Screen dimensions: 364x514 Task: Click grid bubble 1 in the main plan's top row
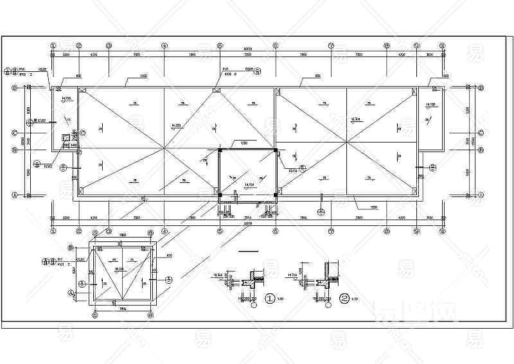click(53, 46)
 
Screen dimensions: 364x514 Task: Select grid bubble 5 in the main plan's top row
click(220, 46)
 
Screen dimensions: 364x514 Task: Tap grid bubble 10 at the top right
click(443, 46)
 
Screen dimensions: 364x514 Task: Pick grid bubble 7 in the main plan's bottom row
click(331, 230)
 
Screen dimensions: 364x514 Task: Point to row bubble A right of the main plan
click(480, 194)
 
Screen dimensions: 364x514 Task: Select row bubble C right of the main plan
click(480, 133)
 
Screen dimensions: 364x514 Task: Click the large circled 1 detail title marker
click(270, 299)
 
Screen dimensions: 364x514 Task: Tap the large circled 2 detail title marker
click(344, 299)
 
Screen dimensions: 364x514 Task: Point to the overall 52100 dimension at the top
click(247, 49)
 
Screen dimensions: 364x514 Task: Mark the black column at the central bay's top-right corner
click(276, 150)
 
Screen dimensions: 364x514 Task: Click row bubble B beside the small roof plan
click(71, 247)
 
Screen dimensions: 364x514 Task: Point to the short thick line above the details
click(247, 251)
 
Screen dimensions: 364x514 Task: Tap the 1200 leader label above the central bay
click(244, 143)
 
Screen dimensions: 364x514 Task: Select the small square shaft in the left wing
click(65, 137)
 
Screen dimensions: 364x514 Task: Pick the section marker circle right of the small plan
click(169, 279)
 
